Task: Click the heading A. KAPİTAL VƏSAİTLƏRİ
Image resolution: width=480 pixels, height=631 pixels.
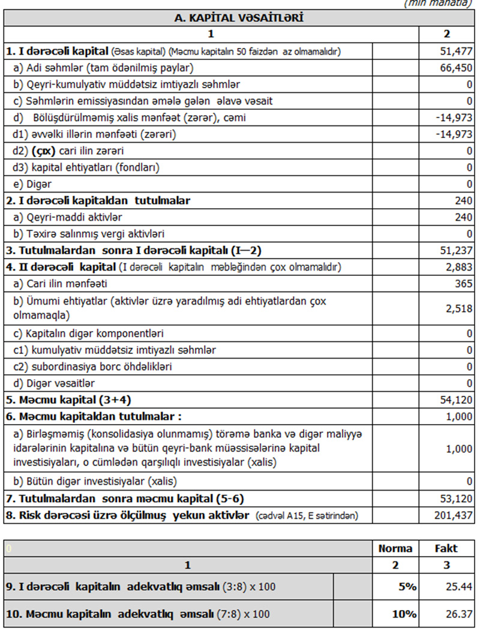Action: coord(239,18)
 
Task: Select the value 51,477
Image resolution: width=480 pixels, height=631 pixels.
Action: coord(457,52)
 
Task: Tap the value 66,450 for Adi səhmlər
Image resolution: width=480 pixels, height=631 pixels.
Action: coord(457,68)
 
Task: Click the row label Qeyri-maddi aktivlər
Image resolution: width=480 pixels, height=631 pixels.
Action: coord(67,217)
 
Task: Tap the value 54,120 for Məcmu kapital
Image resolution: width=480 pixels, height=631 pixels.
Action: coord(457,399)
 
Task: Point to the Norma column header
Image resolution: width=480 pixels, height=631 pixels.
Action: coord(395,548)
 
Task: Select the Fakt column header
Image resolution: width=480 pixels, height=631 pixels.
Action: coord(446,548)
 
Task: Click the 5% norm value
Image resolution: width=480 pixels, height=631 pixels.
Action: coord(408,587)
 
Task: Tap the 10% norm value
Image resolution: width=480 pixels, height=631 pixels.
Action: coord(406,614)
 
